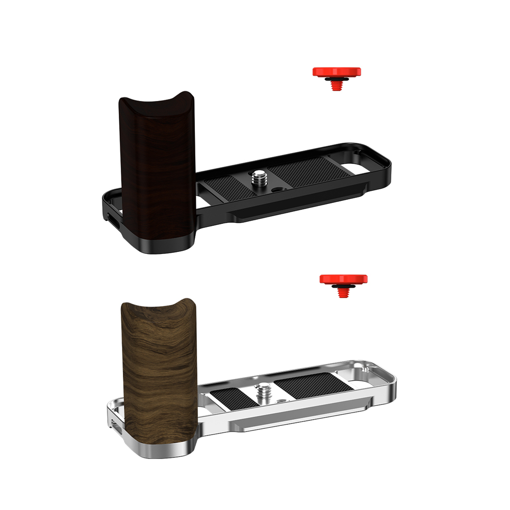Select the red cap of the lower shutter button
[x=343, y=279]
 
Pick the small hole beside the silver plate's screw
[x=280, y=400]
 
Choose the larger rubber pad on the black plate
[x=306, y=172]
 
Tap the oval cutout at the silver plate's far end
[x=365, y=380]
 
